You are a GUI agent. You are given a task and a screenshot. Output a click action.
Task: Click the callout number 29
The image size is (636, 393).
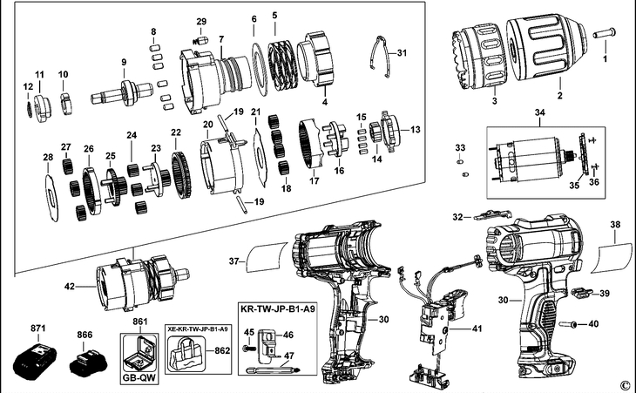click(201, 21)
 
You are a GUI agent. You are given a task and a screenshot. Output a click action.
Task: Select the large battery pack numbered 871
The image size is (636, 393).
click(35, 362)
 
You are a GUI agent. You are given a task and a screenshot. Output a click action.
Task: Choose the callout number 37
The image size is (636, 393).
click(233, 260)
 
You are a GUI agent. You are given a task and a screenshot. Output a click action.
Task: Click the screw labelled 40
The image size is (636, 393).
click(575, 324)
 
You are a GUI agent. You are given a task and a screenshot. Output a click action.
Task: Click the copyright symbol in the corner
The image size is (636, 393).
click(623, 384)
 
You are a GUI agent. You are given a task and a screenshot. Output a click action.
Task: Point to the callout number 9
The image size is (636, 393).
click(124, 63)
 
